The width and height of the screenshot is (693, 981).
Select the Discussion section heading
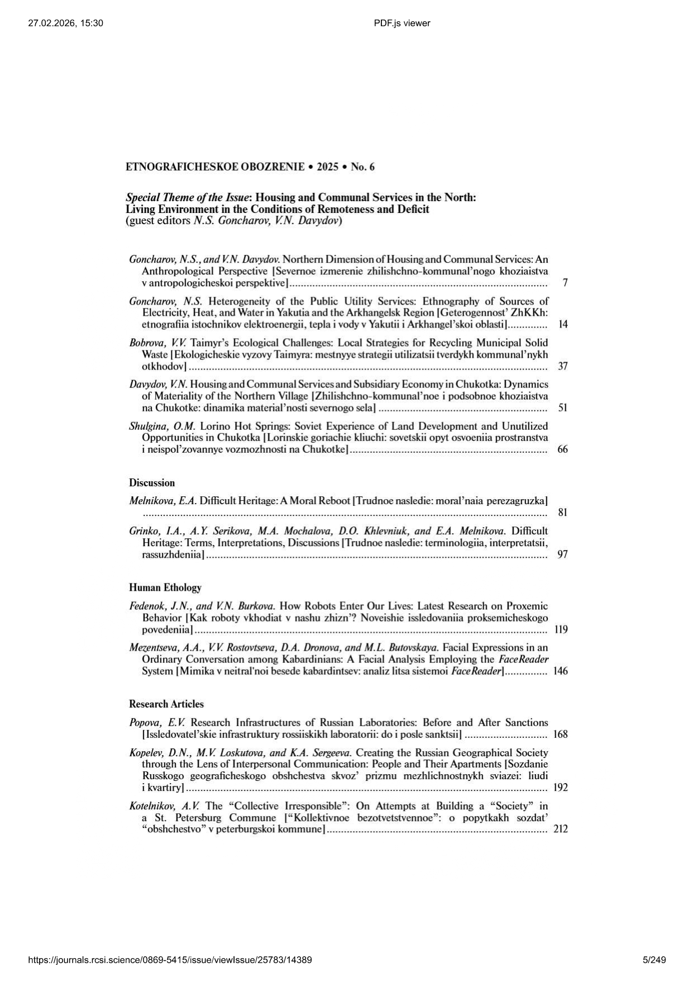tap(152, 483)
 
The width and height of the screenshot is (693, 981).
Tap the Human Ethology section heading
tap(165, 587)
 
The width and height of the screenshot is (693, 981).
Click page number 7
tap(565, 283)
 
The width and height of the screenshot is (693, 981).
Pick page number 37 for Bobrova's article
tap(563, 366)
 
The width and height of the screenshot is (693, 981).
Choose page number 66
tap(563, 449)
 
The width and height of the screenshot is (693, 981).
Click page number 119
tap(561, 629)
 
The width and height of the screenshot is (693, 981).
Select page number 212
tap(561, 829)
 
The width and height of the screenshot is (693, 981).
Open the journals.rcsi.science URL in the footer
tap(170, 960)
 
